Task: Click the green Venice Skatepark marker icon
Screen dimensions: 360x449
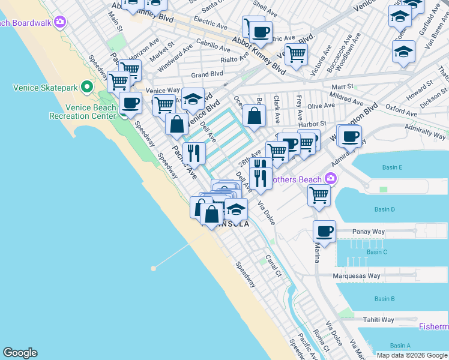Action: pyautogui.click(x=87, y=88)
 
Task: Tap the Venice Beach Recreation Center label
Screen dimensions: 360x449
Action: pyautogui.click(x=91, y=112)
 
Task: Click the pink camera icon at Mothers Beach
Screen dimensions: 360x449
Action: pyautogui.click(x=330, y=178)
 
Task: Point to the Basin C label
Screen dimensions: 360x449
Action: pyautogui.click(x=376, y=252)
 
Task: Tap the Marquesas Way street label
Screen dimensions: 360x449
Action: pyautogui.click(x=357, y=276)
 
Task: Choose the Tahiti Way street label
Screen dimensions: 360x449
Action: pyautogui.click(x=378, y=320)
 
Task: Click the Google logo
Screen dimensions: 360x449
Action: pyautogui.click(x=20, y=353)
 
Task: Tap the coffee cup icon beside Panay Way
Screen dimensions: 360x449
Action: pyautogui.click(x=324, y=232)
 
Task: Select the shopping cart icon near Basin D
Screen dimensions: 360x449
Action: pyautogui.click(x=319, y=194)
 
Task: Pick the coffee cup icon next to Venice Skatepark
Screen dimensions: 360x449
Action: pyautogui.click(x=131, y=103)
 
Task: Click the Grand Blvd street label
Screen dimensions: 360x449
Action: pyautogui.click(x=207, y=74)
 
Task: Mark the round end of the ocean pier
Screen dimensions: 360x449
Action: pyautogui.click(x=154, y=268)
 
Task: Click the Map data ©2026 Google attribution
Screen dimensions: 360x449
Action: pyautogui.click(x=412, y=355)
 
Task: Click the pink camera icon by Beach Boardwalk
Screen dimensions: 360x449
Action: pyautogui.click(x=59, y=22)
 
